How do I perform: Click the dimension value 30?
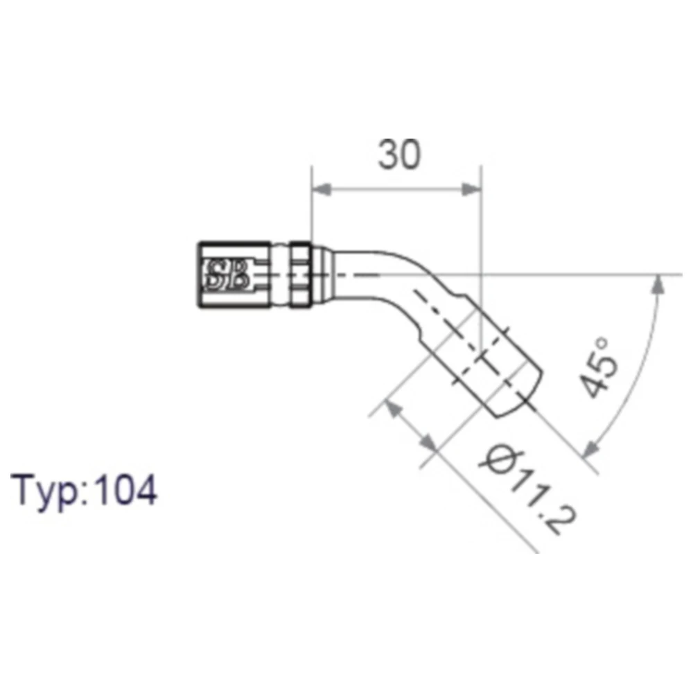pyautogui.click(x=399, y=154)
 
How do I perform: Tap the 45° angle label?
pyautogui.click(x=599, y=368)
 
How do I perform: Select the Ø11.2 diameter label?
pyautogui.click(x=528, y=490)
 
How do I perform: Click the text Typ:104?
pyautogui.click(x=84, y=491)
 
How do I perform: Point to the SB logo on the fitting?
pyautogui.click(x=227, y=275)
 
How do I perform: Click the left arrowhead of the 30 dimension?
pyautogui.click(x=322, y=189)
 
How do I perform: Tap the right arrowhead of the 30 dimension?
pyautogui.click(x=471, y=189)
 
